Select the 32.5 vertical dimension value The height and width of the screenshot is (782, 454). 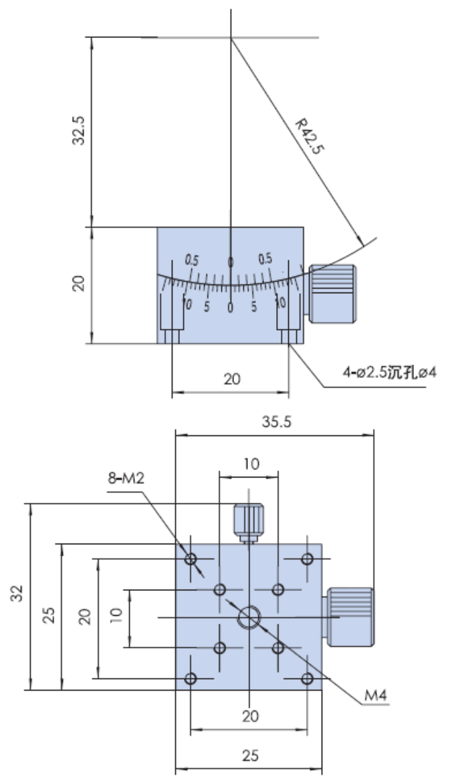click(80, 130)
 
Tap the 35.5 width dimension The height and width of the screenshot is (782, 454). click(276, 422)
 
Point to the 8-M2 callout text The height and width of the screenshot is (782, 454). click(126, 478)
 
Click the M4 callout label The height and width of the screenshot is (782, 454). click(376, 695)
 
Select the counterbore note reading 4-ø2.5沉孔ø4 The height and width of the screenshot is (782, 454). click(389, 372)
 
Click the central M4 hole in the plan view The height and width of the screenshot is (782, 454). click(249, 618)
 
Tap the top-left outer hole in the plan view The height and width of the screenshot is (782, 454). click(191, 559)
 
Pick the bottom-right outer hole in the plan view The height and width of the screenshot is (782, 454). click(307, 678)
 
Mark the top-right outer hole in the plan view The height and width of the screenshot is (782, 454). click(307, 559)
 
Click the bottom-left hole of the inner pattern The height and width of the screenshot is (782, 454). click(219, 648)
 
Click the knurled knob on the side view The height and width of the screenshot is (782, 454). click(332, 294)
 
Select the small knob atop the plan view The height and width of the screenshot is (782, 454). click(249, 523)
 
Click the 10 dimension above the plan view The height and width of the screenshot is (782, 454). click(251, 464)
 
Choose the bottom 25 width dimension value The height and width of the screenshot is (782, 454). click(251, 755)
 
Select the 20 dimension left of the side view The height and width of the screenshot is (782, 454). click(79, 284)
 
